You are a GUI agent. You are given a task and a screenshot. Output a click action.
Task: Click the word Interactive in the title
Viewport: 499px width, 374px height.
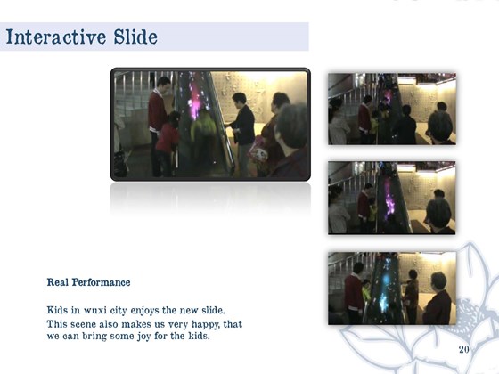pos(56,37)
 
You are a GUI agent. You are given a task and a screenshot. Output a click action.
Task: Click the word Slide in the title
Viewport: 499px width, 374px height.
pos(135,37)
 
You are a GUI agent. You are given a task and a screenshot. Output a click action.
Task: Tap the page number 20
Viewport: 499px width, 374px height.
pos(463,349)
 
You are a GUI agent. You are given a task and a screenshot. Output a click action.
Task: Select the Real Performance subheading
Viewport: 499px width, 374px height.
pos(88,282)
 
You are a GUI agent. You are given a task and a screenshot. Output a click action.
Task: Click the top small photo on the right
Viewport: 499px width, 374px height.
pos(392,109)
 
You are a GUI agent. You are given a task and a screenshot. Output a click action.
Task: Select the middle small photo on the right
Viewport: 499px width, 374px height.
pos(392,198)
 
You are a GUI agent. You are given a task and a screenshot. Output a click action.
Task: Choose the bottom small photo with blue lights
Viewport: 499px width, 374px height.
pos(392,289)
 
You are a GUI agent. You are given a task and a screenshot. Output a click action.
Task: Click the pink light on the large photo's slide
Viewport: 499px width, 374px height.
pos(195,99)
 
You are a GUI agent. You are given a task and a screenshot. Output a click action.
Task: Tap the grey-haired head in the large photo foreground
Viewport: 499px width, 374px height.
pos(291,126)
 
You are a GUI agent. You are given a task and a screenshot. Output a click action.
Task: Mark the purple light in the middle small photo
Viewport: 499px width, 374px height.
pos(389,199)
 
